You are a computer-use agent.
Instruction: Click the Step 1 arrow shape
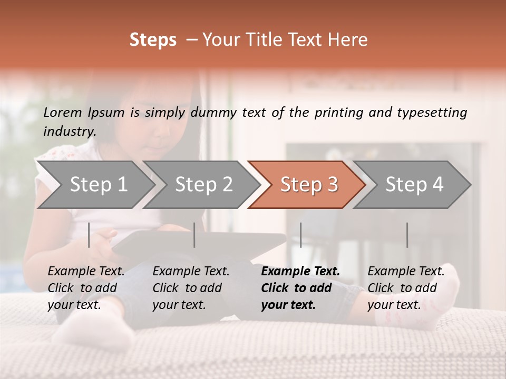[x=95, y=185]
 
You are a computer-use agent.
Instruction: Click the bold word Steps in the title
[x=153, y=40]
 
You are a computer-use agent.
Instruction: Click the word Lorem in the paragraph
[x=63, y=113]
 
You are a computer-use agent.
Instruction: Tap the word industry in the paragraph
[x=69, y=132]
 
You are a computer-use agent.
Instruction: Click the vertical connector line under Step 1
[x=89, y=235]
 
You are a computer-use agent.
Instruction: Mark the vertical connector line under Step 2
[x=194, y=235]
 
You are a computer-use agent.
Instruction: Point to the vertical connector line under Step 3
[x=300, y=235]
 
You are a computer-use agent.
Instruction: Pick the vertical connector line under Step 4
[x=407, y=235]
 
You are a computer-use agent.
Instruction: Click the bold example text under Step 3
[x=300, y=288]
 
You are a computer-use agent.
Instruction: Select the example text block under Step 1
[x=86, y=288]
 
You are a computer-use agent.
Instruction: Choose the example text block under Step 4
[x=406, y=288]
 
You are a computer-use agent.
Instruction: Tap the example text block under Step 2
[x=191, y=288]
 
